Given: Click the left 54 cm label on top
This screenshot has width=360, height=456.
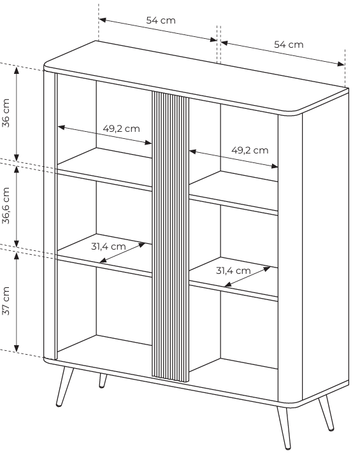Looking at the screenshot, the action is (161, 20).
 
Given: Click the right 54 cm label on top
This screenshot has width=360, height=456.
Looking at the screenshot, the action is (289, 45).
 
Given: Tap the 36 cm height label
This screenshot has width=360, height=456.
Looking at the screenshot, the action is (6, 113).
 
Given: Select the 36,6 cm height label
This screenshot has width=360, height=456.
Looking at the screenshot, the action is (6, 205).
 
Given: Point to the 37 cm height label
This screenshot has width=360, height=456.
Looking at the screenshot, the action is (6, 301).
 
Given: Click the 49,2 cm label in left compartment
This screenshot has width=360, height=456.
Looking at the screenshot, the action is (121, 129).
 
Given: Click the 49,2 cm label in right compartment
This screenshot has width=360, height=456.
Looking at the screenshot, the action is (250, 150).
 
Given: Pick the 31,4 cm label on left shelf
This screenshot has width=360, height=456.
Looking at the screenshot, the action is (108, 246).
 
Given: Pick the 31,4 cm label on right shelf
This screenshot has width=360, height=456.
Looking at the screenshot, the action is (233, 271).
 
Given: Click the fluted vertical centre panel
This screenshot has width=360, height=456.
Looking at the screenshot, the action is (171, 236).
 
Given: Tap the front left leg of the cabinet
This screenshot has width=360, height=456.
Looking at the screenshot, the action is (64, 386).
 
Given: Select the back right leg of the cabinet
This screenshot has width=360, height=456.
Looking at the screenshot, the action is (326, 413).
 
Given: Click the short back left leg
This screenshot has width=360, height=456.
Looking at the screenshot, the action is (103, 381).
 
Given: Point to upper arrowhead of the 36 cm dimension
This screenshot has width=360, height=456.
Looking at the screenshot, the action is (17, 70).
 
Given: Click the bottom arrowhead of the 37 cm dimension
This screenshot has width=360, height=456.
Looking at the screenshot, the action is (17, 348).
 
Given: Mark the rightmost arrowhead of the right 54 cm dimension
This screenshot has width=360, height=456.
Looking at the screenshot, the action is (340, 64).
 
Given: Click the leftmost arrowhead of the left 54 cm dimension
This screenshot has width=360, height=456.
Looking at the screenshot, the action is (103, 20).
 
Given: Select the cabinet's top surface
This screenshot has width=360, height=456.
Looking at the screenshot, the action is (196, 76).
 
